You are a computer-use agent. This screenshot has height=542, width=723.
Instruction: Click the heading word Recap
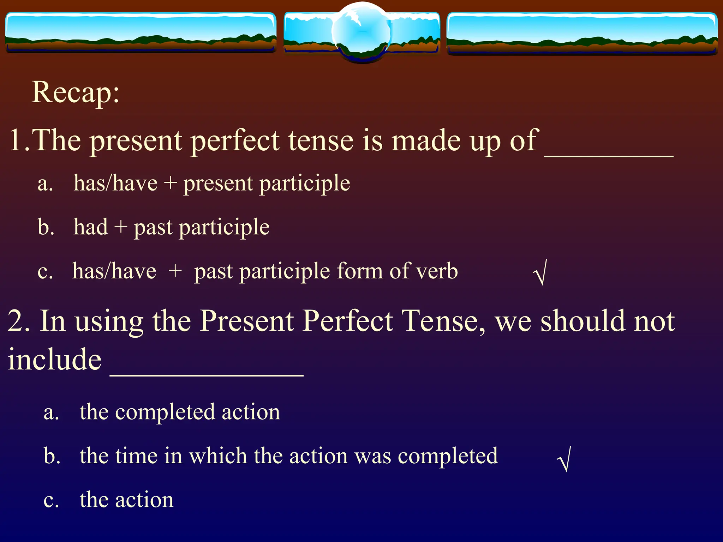click(x=75, y=92)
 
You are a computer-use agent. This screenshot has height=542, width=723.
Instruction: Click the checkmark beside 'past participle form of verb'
click(x=540, y=272)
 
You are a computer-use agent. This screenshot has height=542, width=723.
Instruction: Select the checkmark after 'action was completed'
click(x=565, y=459)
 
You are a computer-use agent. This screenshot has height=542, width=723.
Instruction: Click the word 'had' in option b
click(x=90, y=227)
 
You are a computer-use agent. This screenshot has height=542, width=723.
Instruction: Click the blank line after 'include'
click(x=207, y=375)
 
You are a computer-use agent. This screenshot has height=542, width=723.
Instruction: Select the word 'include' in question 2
click(x=55, y=359)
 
